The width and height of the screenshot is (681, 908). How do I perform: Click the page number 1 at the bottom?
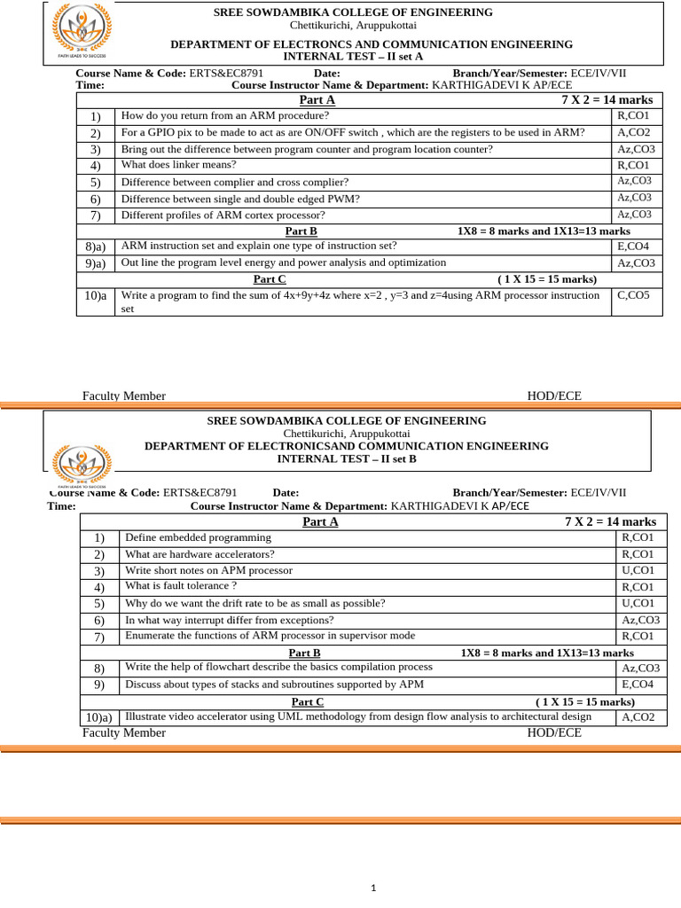pyautogui.click(x=374, y=888)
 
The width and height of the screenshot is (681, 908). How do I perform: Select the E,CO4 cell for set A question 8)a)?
pyautogui.click(x=633, y=247)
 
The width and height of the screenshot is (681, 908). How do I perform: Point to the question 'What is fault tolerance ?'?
pyautogui.click(x=181, y=586)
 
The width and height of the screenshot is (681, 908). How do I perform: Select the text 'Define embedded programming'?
pyautogui.click(x=198, y=537)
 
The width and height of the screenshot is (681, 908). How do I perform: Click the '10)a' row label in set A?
pyautogui.click(x=96, y=296)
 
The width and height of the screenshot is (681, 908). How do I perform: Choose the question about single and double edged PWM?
pyautogui.click(x=240, y=199)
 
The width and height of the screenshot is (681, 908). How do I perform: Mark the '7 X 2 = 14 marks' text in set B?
pyautogui.click(x=610, y=521)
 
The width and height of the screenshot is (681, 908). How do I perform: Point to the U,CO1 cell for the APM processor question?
pyautogui.click(x=638, y=570)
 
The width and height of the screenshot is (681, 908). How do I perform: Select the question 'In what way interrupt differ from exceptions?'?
pyautogui.click(x=230, y=620)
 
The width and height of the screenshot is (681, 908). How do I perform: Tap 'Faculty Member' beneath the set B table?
pyautogui.click(x=124, y=732)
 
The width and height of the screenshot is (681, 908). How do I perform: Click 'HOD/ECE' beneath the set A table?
pyautogui.click(x=554, y=396)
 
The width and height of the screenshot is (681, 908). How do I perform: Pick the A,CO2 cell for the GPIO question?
pyautogui.click(x=634, y=132)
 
